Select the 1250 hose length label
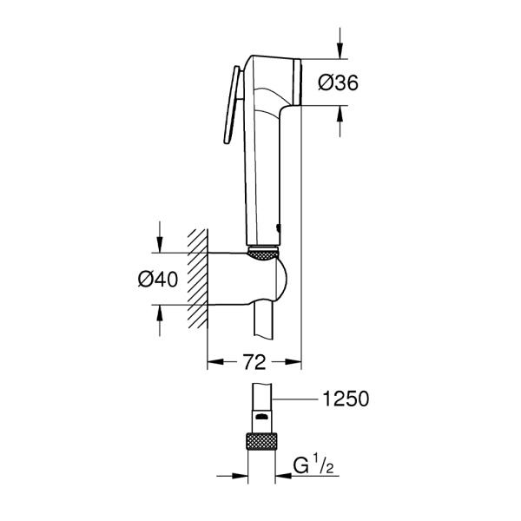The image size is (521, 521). [x=345, y=399]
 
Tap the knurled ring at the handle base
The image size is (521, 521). [x=263, y=254]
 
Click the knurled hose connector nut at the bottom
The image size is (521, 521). [x=263, y=439]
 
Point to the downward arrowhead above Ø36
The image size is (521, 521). [x=340, y=53]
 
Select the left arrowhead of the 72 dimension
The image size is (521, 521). [x=214, y=358]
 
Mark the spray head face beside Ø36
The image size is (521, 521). [x=298, y=82]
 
